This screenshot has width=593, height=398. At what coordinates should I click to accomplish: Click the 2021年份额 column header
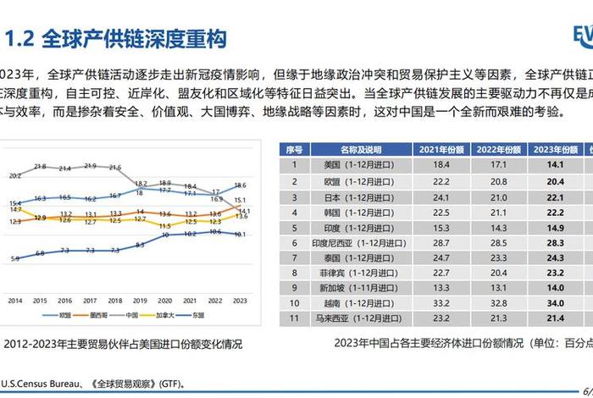[441, 149]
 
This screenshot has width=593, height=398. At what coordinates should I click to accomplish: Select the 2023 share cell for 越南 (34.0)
[554, 301]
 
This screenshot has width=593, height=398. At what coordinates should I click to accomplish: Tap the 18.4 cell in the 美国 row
[441, 163]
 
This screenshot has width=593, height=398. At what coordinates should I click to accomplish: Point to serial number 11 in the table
[296, 317]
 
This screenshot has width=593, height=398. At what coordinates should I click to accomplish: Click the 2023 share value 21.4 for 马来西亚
[554, 317]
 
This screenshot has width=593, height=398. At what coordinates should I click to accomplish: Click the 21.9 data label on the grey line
[90, 166]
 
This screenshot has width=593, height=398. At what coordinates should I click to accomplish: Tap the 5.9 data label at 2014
[15, 258]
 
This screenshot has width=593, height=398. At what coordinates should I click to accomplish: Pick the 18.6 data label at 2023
[240, 185]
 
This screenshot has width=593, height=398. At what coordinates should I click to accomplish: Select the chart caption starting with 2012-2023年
[123, 345]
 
